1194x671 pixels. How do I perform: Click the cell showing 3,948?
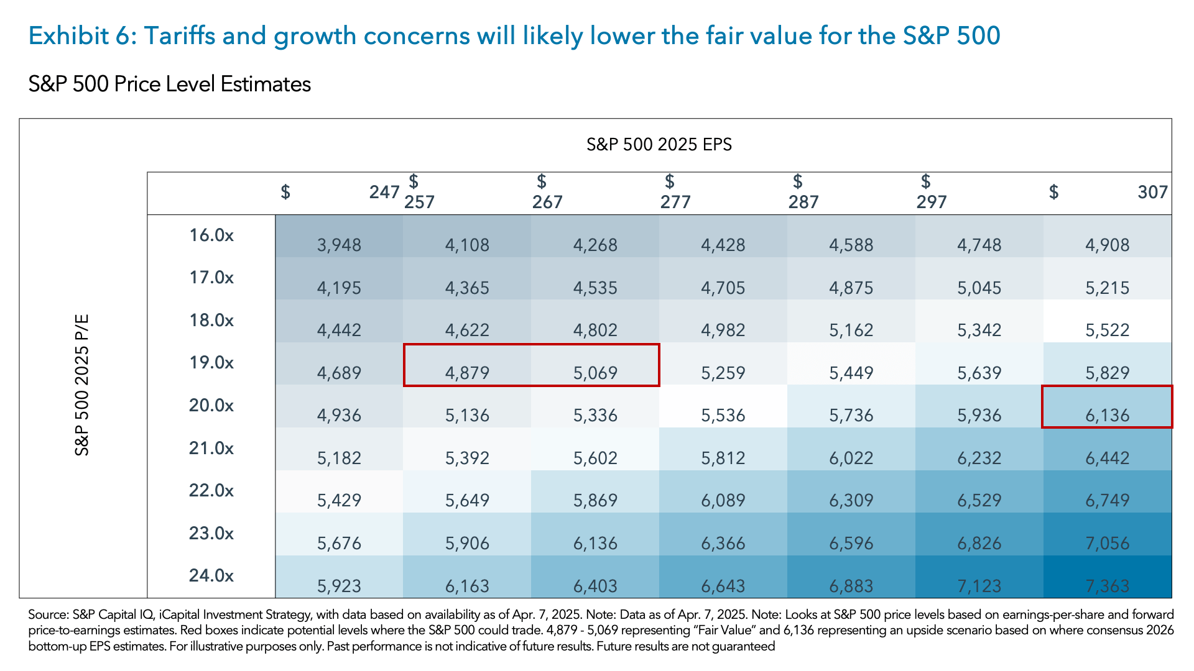pyautogui.click(x=339, y=245)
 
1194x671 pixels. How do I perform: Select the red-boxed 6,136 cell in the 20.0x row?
pyautogui.click(x=1107, y=415)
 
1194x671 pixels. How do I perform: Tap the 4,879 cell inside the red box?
pyautogui.click(x=467, y=373)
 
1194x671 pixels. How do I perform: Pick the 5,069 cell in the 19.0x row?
pyautogui.click(x=595, y=373)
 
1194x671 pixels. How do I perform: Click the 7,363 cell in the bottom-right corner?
pyautogui.click(x=1107, y=585)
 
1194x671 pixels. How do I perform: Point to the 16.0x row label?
pyautogui.click(x=211, y=235)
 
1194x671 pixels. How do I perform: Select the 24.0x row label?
pyautogui.click(x=211, y=575)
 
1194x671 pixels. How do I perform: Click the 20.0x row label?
pyautogui.click(x=211, y=405)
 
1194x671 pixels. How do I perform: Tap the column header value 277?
pyautogui.click(x=675, y=202)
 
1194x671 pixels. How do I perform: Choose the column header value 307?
pyautogui.click(x=1152, y=192)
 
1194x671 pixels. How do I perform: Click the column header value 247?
pyautogui.click(x=384, y=192)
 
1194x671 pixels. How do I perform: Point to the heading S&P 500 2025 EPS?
pyautogui.click(x=659, y=145)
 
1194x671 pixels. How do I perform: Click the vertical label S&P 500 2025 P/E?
pyautogui.click(x=82, y=385)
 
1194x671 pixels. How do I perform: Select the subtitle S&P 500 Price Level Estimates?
pyautogui.click(x=169, y=84)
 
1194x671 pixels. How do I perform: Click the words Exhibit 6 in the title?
pyautogui.click(x=81, y=36)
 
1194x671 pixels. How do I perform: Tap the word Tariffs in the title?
pyautogui.click(x=180, y=36)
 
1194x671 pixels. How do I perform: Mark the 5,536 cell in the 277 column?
pyautogui.click(x=723, y=415)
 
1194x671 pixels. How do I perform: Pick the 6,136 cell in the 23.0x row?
pyautogui.click(x=595, y=543)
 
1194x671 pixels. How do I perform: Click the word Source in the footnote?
pyautogui.click(x=47, y=614)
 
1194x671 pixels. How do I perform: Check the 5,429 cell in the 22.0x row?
pyautogui.click(x=339, y=500)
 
